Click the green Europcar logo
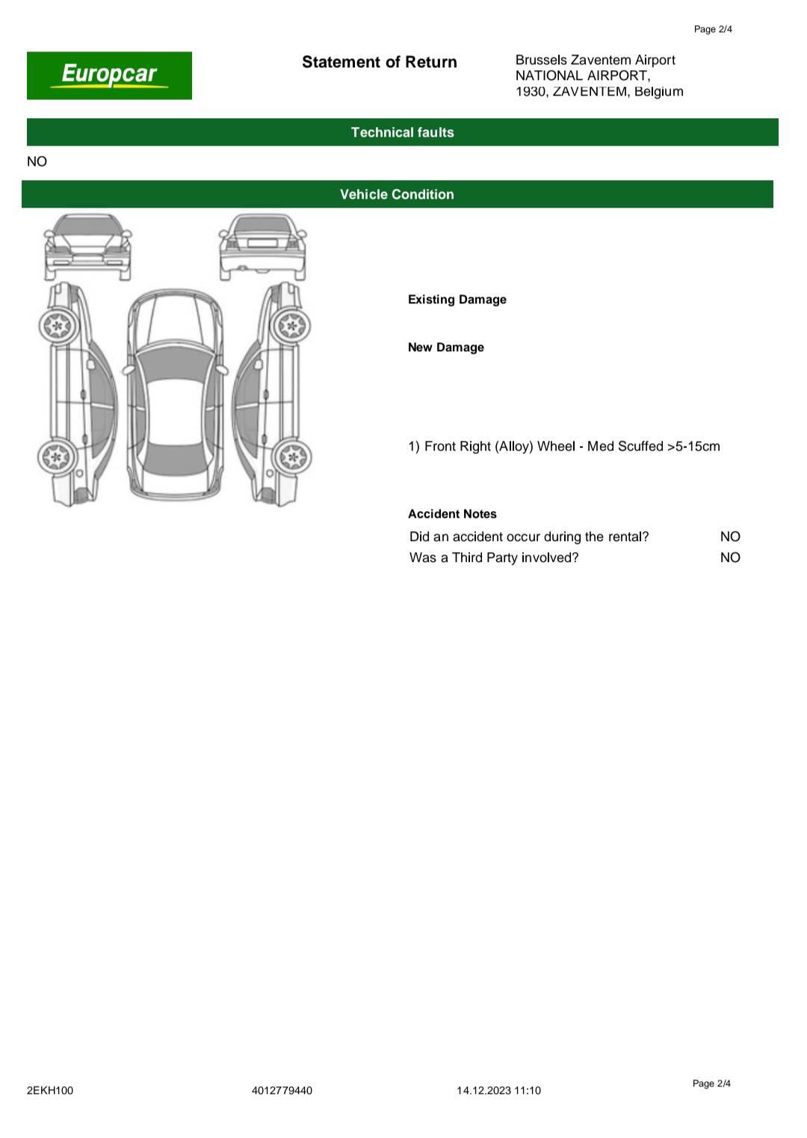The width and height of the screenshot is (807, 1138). tap(109, 75)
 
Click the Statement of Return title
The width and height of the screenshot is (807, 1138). tap(379, 62)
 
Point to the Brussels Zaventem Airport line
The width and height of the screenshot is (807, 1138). tap(595, 60)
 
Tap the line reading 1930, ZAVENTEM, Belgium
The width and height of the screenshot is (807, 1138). tap(599, 91)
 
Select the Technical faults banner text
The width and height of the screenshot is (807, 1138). tap(402, 132)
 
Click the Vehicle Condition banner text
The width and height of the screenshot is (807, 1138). tap(397, 194)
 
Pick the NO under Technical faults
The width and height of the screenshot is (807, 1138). tap(37, 161)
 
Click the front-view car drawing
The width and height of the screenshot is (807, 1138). tap(87, 246)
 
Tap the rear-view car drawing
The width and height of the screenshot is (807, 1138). tap(262, 246)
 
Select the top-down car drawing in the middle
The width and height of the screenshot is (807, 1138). tap(175, 394)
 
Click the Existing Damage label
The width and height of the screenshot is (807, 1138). tap(457, 300)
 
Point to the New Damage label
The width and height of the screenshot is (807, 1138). tap(445, 347)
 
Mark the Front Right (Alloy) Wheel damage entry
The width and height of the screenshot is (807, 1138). tap(564, 446)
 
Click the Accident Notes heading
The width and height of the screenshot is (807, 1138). tap(452, 514)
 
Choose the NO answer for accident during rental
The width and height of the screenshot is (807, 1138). tap(730, 536)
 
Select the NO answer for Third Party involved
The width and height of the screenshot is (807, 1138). tap(730, 557)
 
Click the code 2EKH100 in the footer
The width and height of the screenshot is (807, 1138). tap(50, 1090)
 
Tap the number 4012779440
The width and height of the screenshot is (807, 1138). tap(282, 1090)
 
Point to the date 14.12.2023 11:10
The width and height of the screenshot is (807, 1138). tap(498, 1090)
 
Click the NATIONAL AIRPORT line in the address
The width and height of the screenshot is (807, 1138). tap(582, 75)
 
